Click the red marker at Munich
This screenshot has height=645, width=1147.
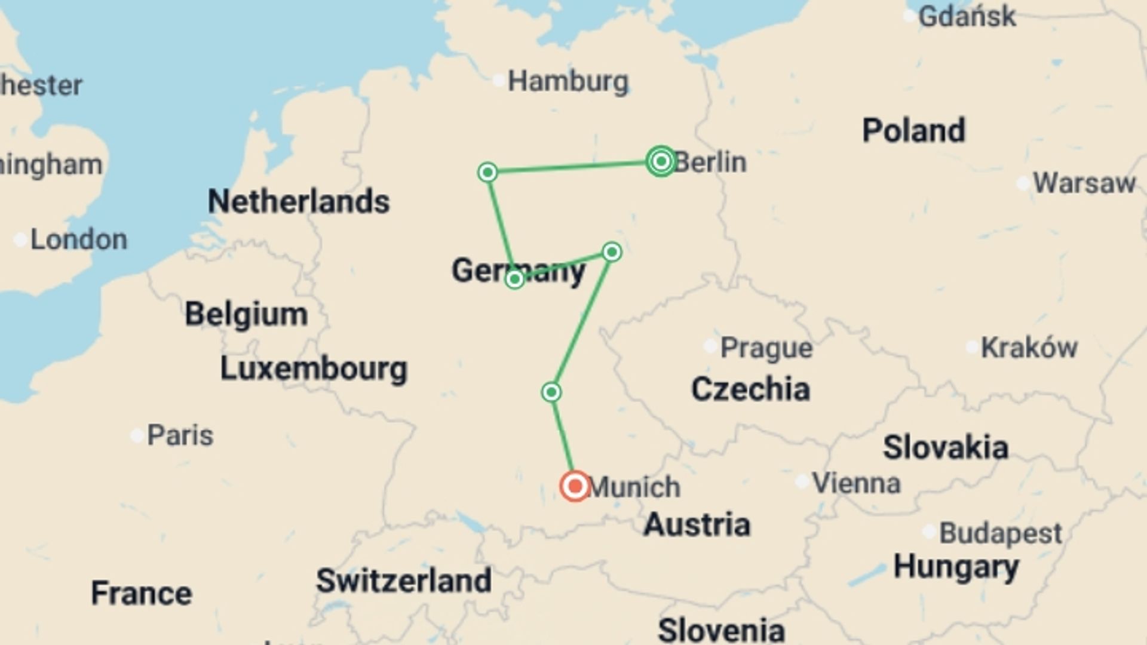575,486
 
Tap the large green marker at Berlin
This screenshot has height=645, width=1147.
661,161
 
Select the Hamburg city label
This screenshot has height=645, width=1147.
568,81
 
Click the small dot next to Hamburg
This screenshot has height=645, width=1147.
498,81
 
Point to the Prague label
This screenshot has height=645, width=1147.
766,348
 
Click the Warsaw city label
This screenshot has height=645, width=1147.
1084,183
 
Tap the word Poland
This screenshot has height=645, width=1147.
913,130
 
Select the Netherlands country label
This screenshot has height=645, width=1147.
299,201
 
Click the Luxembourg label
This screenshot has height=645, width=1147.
314,368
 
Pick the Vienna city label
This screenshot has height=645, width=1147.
855,483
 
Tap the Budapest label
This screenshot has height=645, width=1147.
1000,533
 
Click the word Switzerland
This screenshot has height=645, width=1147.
404,580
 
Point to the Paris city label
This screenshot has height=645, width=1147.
180,435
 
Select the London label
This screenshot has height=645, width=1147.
78,239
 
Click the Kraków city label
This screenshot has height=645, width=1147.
1029,348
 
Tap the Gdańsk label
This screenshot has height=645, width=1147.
966,16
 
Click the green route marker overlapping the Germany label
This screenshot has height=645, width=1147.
514,279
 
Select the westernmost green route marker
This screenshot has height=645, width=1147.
487,173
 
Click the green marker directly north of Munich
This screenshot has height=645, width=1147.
551,392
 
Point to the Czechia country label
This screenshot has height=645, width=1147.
750,389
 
